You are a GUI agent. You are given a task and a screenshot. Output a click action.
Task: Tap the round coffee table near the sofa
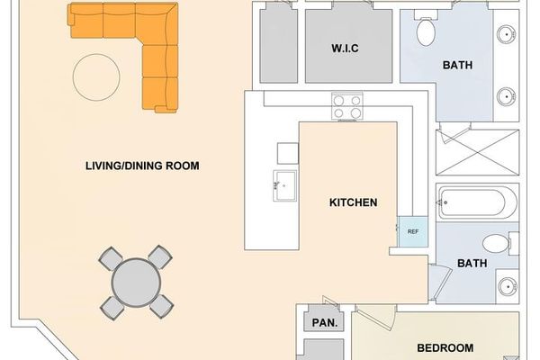95,77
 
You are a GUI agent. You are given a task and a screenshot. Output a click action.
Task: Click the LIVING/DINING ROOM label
142,166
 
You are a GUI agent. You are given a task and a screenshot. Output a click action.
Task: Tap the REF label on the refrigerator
413,231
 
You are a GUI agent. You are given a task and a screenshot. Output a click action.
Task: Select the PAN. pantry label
323,322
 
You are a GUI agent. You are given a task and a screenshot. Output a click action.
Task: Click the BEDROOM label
445,348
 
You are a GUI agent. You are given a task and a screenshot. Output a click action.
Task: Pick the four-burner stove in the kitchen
346,107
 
